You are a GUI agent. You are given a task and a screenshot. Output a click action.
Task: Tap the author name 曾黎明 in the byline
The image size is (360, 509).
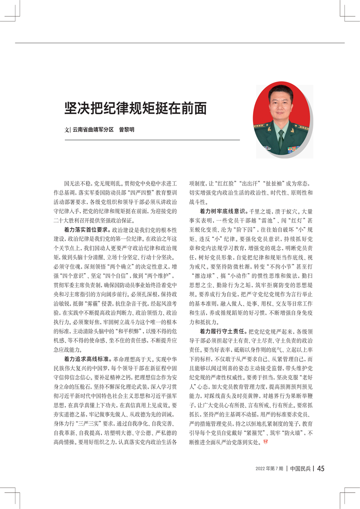pos(126,130)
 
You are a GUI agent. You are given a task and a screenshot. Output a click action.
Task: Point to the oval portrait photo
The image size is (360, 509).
pos(282,118)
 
